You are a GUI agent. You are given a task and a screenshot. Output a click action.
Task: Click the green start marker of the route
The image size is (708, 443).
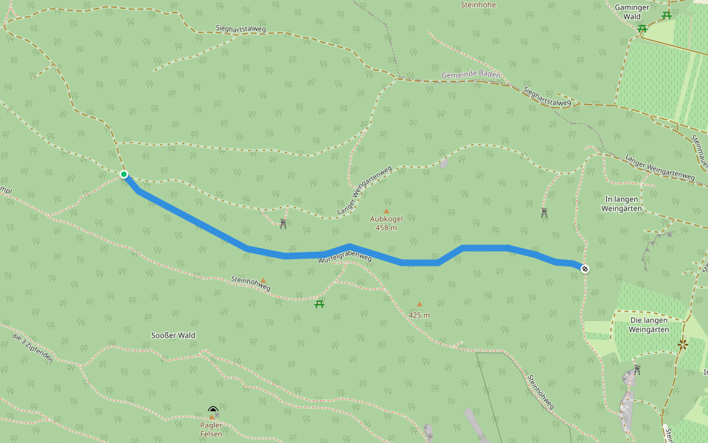tap(124, 174)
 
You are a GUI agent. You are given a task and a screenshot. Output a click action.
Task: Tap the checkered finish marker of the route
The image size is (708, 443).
tap(585, 268)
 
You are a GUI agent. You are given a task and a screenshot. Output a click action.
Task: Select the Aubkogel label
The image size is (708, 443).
tap(386, 219)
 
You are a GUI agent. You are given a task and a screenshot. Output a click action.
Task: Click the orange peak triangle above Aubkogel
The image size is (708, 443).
tap(386, 211)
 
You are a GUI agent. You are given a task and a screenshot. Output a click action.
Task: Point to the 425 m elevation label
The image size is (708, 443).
tap(419, 315)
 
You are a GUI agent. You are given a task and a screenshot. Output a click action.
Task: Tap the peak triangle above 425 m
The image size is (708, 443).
tap(420, 304)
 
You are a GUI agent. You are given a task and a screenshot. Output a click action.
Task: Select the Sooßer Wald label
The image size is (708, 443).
tap(173, 335)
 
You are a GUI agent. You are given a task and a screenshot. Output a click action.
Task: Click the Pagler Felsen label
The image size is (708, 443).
tap(211, 429)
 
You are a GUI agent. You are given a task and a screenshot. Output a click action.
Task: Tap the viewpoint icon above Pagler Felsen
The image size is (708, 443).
tap(213, 409)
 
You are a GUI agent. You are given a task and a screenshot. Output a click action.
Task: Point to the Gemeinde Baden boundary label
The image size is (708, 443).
tap(471, 75)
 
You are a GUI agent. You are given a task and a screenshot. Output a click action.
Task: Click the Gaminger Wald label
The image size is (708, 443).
tap(632, 11)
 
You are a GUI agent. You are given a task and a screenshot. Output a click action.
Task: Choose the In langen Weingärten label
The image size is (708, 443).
tap(624, 204)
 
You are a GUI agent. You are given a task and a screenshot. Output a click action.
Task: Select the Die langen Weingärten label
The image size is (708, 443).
tap(648, 325)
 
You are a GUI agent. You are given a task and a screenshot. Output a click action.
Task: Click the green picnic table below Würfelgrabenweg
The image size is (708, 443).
tap(319, 303)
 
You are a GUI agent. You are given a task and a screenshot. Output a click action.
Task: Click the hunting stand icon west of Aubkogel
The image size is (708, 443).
tap(283, 224)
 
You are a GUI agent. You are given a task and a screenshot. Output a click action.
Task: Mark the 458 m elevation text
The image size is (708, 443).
tap(386, 228)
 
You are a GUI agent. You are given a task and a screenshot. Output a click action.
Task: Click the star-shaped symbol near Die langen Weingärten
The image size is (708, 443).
tap(683, 343)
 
